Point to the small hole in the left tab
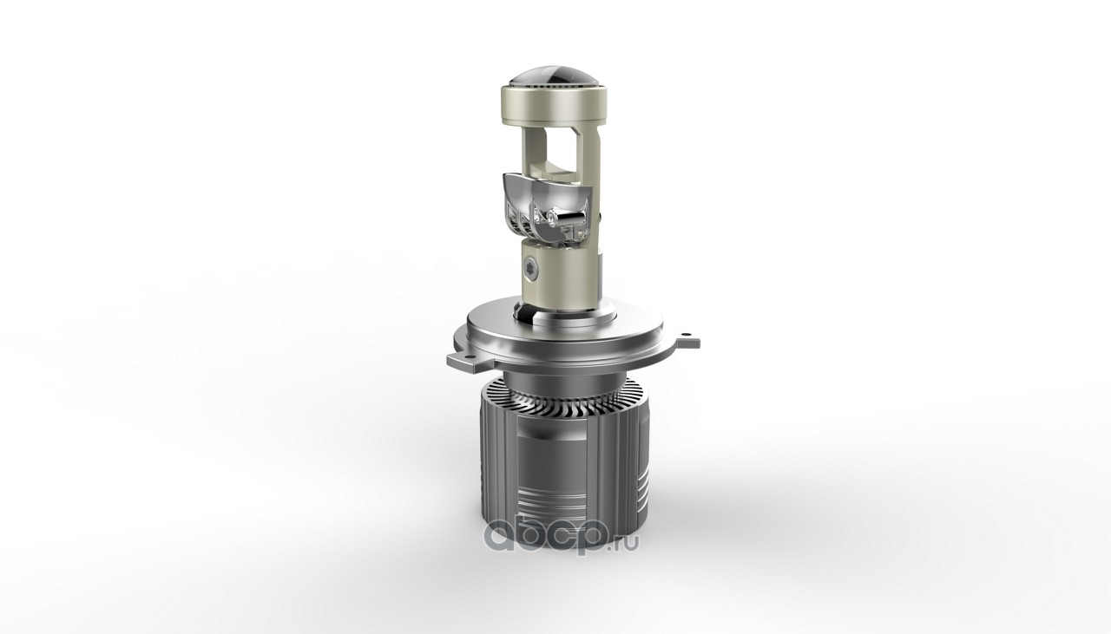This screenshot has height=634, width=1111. tap(453, 356)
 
